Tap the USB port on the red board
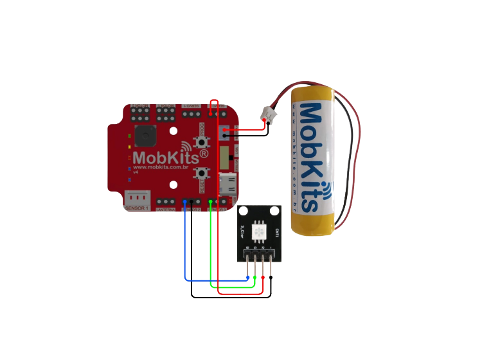coord(228,184)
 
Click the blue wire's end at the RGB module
coord(248,278)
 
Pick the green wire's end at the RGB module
coord(255,278)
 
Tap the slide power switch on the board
coord(224,156)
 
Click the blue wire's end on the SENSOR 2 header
coord(185,202)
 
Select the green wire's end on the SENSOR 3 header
coord(211,202)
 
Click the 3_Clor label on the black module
coord(242,230)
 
